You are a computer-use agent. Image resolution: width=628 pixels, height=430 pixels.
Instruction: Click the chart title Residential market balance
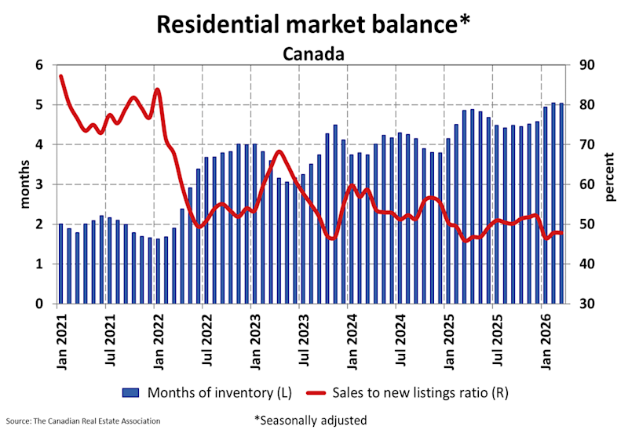click(313, 24)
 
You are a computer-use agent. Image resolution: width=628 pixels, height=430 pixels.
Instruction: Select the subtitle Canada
click(314, 54)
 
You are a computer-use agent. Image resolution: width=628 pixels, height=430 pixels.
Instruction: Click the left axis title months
click(23, 184)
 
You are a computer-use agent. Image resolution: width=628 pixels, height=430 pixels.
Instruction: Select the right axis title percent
click(610, 184)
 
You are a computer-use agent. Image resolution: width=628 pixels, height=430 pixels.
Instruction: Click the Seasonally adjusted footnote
click(310, 420)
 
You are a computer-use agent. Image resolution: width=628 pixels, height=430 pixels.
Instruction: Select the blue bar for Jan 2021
click(60, 264)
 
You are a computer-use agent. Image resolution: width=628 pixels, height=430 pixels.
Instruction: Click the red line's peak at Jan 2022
click(157, 89)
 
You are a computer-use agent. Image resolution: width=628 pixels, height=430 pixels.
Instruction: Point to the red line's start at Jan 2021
click(61, 76)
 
